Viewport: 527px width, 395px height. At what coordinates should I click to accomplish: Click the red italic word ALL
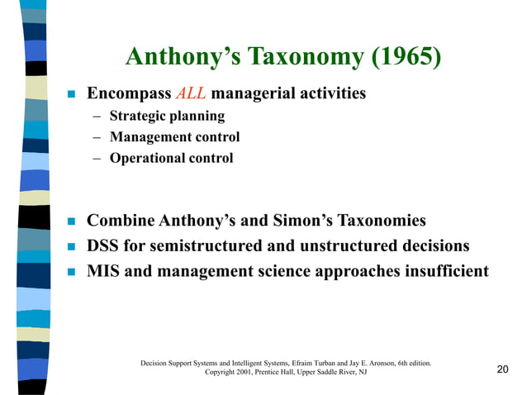(x=191, y=94)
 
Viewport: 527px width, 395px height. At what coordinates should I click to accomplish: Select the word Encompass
(x=129, y=94)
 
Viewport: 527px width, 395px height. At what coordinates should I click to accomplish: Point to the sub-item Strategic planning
(x=167, y=117)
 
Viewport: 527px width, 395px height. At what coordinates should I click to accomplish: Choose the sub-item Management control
(x=174, y=137)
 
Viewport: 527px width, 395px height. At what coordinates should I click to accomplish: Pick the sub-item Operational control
(x=172, y=158)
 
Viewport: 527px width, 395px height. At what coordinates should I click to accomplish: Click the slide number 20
(x=503, y=369)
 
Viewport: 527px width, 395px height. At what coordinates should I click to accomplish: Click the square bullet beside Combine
(x=71, y=222)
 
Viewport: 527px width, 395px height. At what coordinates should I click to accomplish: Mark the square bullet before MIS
(x=71, y=272)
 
